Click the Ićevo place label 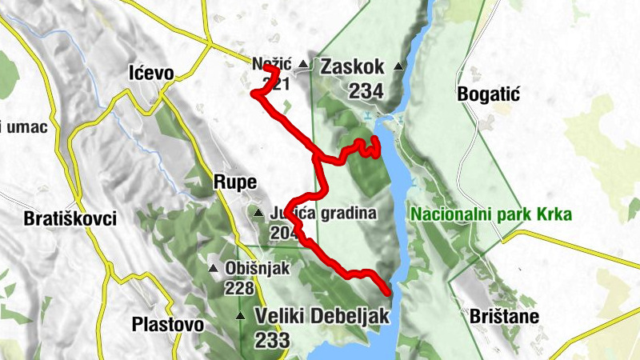(x=151, y=74)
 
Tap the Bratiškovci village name (x=70, y=218)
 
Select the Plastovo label (x=167, y=325)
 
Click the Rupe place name (x=234, y=182)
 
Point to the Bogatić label (x=489, y=94)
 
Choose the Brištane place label (x=505, y=316)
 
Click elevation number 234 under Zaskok (x=366, y=91)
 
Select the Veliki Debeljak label (x=322, y=316)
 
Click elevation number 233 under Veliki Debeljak (x=273, y=340)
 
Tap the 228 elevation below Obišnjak (x=239, y=288)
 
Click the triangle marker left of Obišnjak (x=213, y=269)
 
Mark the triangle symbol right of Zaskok (x=398, y=66)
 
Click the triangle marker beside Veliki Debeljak (x=240, y=317)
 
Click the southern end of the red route (x=388, y=292)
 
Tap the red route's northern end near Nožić (x=267, y=69)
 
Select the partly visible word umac (x=26, y=126)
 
